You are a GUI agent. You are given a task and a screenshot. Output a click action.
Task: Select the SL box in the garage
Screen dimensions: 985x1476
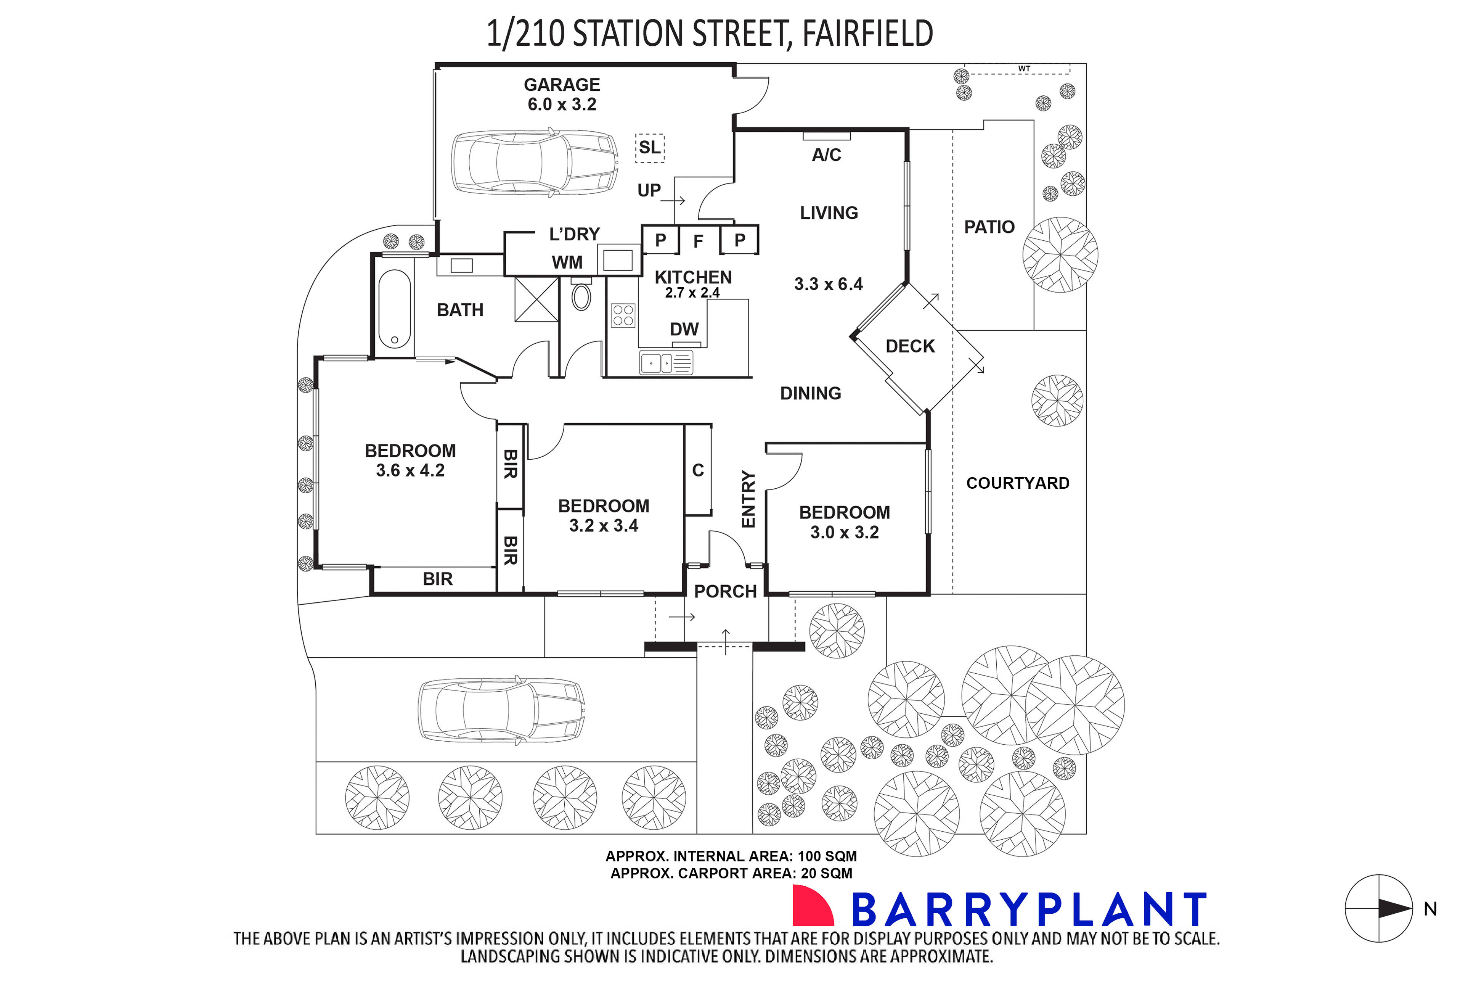click(649, 148)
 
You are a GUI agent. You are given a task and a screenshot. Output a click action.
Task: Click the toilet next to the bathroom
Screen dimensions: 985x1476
click(581, 296)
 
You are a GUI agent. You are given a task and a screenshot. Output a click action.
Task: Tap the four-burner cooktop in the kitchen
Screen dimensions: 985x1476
click(623, 315)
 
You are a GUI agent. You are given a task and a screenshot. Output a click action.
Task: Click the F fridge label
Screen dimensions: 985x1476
click(697, 241)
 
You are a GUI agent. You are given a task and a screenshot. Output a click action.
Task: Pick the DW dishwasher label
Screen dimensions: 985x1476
click(684, 329)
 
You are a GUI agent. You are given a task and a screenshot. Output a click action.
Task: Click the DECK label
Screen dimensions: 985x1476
click(910, 346)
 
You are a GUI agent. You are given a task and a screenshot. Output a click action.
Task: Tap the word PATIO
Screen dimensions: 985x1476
click(989, 227)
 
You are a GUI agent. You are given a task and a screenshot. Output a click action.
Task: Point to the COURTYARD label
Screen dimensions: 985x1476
click(1017, 483)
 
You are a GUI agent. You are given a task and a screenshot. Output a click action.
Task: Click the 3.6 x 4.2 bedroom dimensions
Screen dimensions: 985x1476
click(410, 470)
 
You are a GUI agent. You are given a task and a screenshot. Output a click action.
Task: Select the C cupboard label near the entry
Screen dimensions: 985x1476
click(697, 470)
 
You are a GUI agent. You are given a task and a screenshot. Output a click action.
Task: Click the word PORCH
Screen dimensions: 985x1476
click(725, 591)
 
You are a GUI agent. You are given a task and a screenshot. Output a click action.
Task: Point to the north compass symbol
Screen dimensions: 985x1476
click(1379, 908)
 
